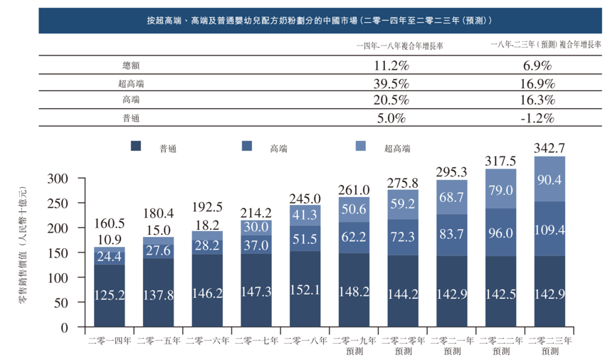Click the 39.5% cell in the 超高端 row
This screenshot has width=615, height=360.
tap(390, 83)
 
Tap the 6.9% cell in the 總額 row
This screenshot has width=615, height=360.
tap(537, 65)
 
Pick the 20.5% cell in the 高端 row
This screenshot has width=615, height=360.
tap(390, 100)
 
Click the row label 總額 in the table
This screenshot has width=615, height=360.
tap(133, 65)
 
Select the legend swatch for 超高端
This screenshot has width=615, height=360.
tap(361, 147)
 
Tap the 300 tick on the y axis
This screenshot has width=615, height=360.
tap(58, 178)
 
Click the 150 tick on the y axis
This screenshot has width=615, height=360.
tap(58, 253)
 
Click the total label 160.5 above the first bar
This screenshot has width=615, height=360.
tap(110, 223)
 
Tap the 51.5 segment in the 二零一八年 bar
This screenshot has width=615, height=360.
tap(305, 238)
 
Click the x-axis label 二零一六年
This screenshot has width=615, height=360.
tap(208, 341)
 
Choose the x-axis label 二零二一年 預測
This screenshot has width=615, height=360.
tap(452, 346)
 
